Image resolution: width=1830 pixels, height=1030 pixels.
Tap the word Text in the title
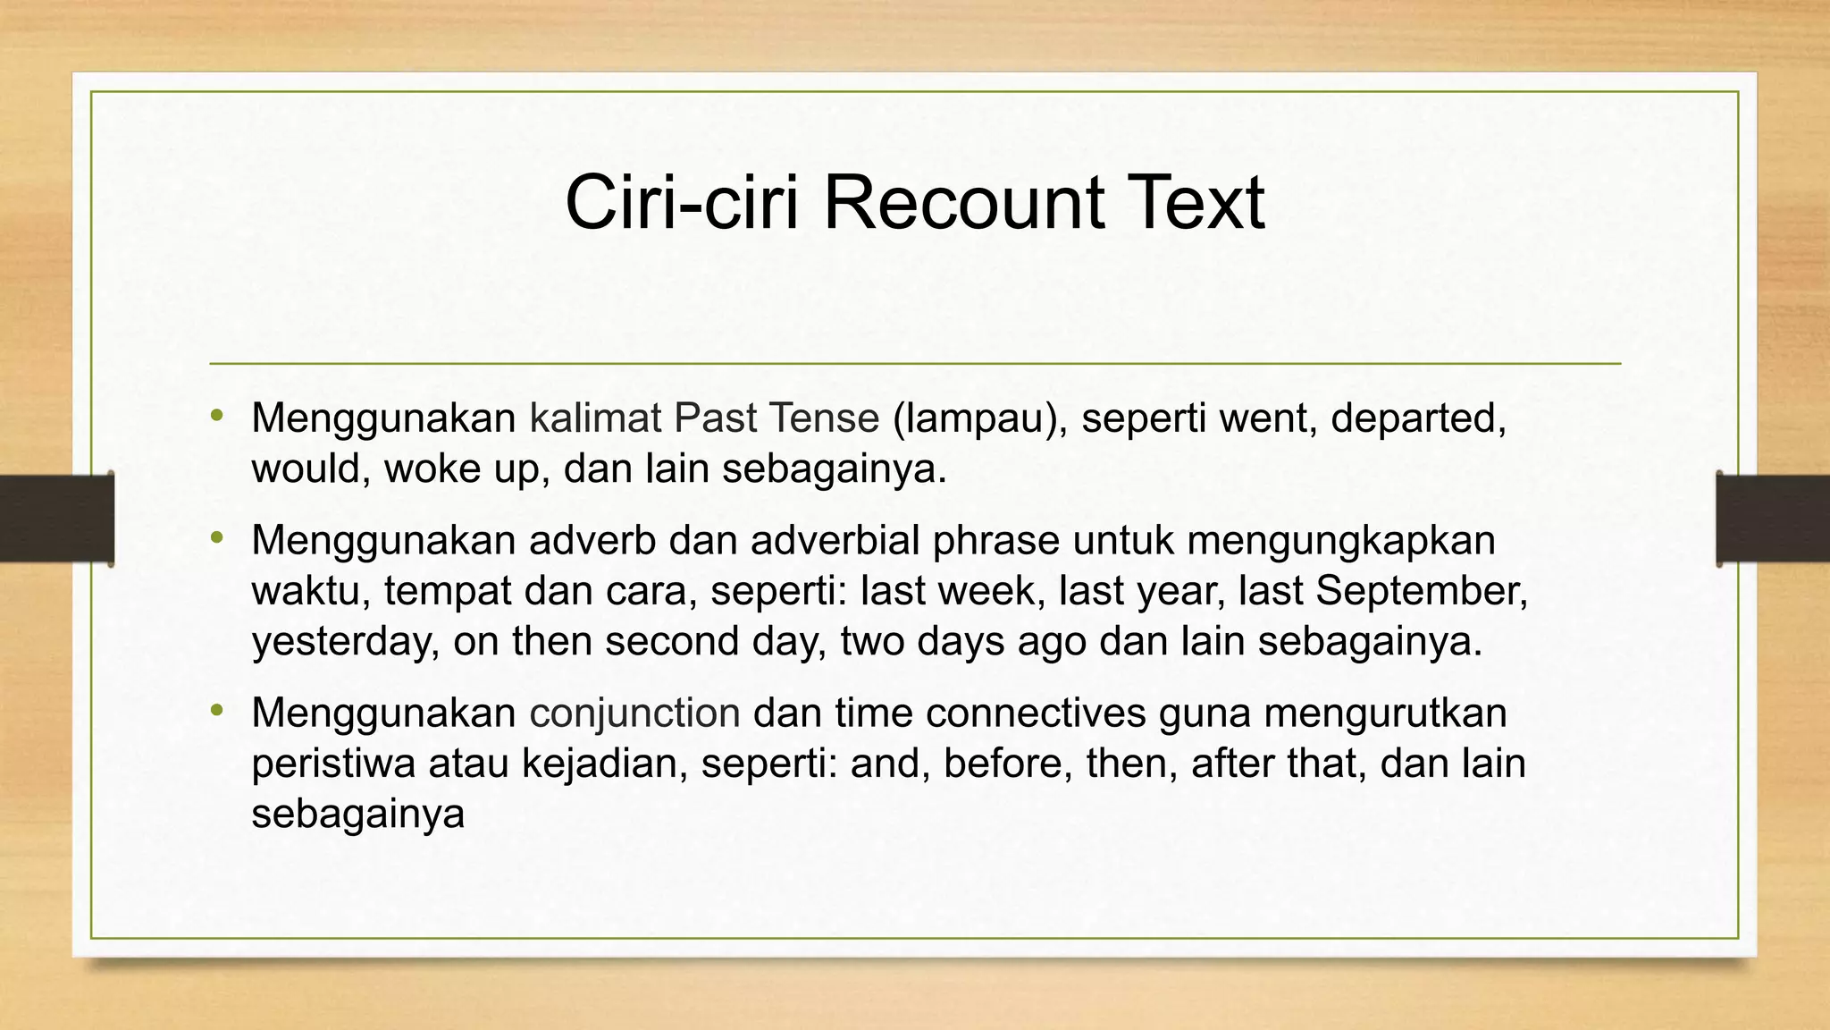click(1195, 203)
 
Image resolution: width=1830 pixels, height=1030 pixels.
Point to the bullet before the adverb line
click(216, 537)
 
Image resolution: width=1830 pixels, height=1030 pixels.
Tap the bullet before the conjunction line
click(216, 710)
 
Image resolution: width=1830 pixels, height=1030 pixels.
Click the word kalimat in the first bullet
click(595, 418)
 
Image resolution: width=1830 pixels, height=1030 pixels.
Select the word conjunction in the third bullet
click(634, 713)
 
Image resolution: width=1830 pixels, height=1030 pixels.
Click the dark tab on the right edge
click(1773, 519)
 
